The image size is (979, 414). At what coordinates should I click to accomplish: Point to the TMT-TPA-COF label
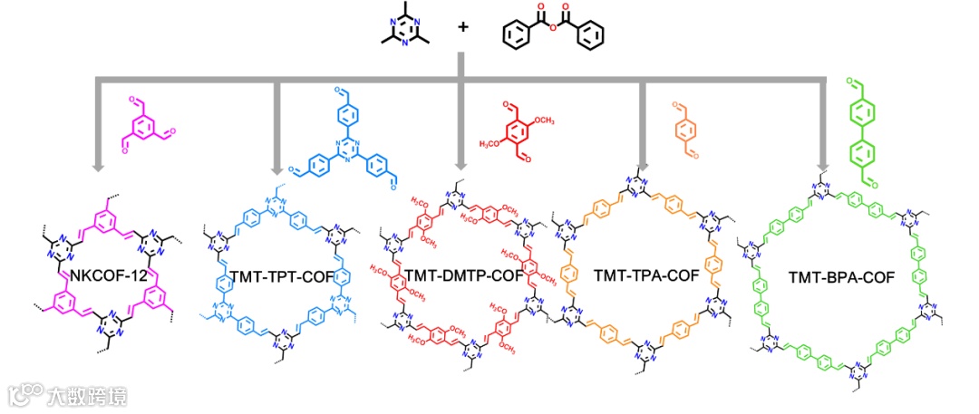coord(646,274)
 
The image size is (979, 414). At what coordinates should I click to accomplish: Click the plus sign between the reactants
coord(463,26)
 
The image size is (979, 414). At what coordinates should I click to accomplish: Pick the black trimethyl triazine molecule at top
coord(403,28)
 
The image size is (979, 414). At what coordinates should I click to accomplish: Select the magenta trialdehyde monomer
coord(145,127)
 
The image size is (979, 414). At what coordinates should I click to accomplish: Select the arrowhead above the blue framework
coord(277,167)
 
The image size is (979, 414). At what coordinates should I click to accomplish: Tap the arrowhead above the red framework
coord(460,167)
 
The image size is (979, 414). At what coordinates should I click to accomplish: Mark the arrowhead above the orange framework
coord(643,167)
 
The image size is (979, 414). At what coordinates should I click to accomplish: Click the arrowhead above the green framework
coord(824,167)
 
